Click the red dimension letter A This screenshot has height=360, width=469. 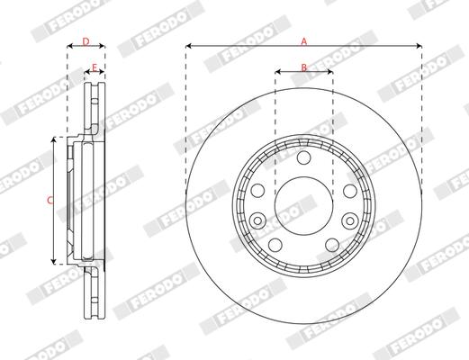pos(304,41)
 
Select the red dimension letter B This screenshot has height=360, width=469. pos(304,67)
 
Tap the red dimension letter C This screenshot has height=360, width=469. pos(50,200)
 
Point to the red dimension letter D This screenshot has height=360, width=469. pos(86,41)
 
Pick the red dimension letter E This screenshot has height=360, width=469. pos(95,67)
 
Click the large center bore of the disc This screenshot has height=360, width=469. pos(303,206)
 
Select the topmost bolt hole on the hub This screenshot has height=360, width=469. pos(303,157)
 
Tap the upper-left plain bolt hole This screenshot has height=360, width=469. pos(257,191)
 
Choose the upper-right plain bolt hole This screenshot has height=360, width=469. pos(350,191)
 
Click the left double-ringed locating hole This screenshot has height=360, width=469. pos(257,220)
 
